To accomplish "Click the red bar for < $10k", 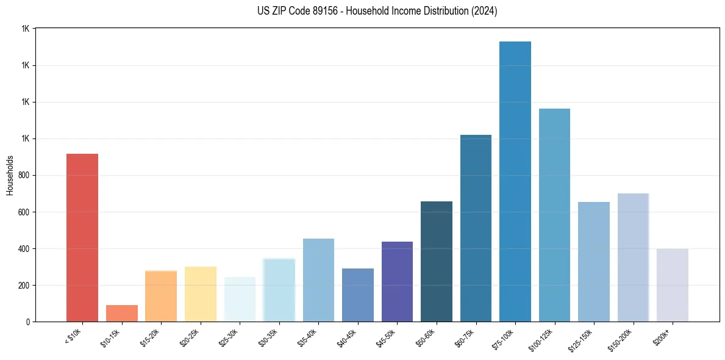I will point(82,237).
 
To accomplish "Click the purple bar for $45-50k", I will point(397,281).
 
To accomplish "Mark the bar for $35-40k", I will point(318,279).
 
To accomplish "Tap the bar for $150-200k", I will point(633,257).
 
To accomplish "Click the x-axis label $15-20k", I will point(151,337).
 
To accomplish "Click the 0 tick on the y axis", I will point(27,322).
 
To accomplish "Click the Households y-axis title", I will point(10,175).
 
